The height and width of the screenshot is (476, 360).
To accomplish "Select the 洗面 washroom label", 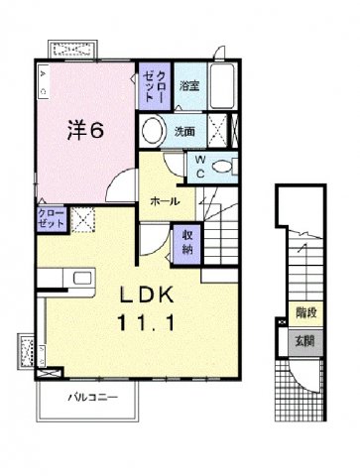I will click(185, 131).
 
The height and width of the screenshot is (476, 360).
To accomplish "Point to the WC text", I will click(199, 166).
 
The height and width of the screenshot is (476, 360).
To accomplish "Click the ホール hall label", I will click(165, 201).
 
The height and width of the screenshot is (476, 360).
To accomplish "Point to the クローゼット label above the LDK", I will click(54, 218).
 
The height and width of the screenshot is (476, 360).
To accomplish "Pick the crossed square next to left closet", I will click(81, 219).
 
